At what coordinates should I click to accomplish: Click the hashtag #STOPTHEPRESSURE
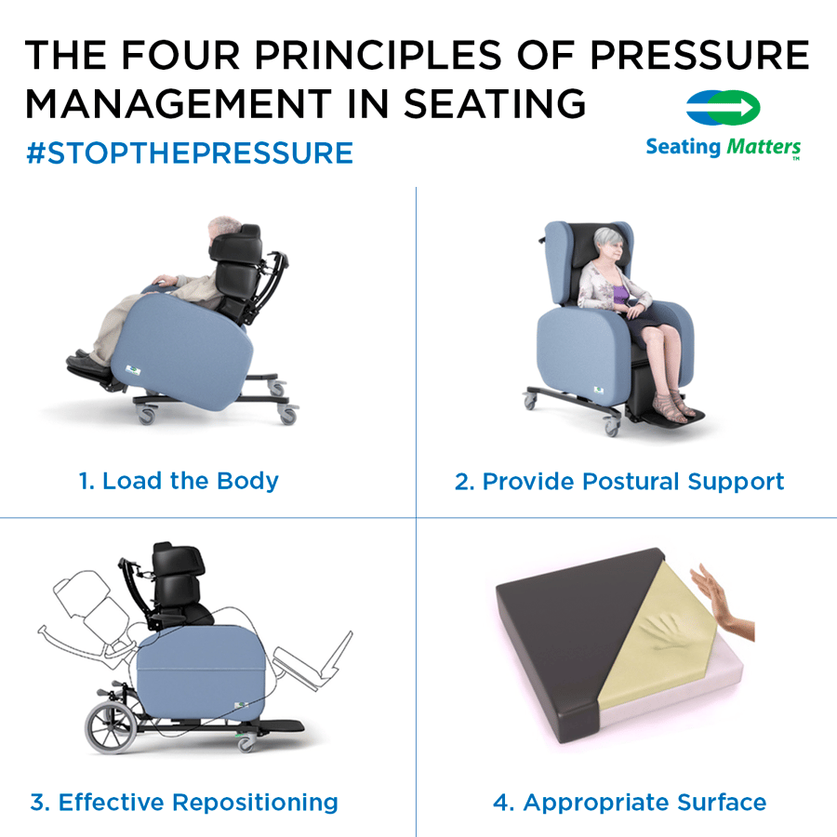[190, 153]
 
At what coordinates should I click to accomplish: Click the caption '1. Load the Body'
[179, 481]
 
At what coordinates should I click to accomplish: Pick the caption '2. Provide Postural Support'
[619, 481]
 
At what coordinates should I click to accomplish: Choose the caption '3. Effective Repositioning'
[184, 802]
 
